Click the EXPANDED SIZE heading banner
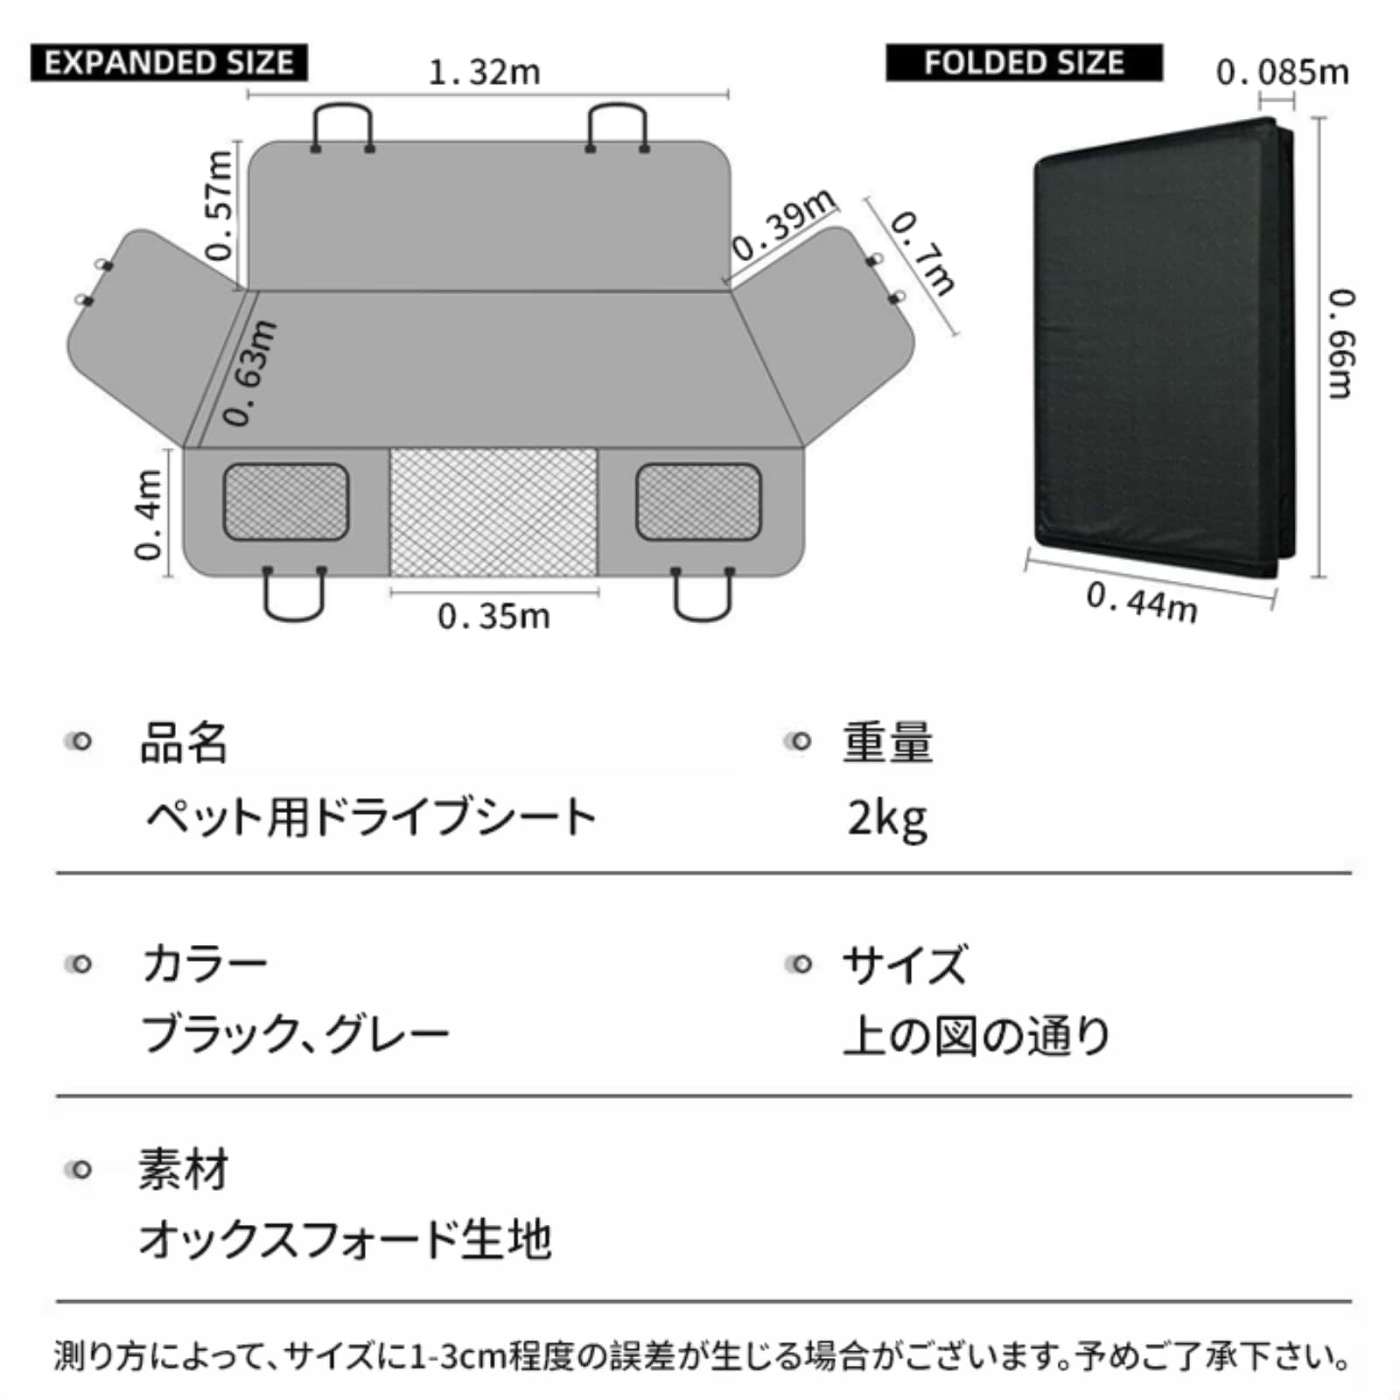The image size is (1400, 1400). coord(169,63)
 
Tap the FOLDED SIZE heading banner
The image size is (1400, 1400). coord(1024,63)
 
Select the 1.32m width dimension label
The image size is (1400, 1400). coord(485,73)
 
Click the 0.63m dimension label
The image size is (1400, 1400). coord(250,374)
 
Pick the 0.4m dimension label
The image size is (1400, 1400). coord(149,514)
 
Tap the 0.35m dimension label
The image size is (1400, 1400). coord(494,617)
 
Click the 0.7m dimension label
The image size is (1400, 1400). coord(922,254)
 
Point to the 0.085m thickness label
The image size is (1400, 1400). coord(1282,73)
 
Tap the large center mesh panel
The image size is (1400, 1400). coord(493,512)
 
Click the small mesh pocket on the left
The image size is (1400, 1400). coord(285,501)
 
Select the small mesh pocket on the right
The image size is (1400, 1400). coord(698,501)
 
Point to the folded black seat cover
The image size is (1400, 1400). coord(1155,350)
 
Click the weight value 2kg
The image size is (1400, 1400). coord(887,819)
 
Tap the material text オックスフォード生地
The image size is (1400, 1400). coord(345,1240)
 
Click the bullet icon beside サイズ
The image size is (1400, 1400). coord(799,964)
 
